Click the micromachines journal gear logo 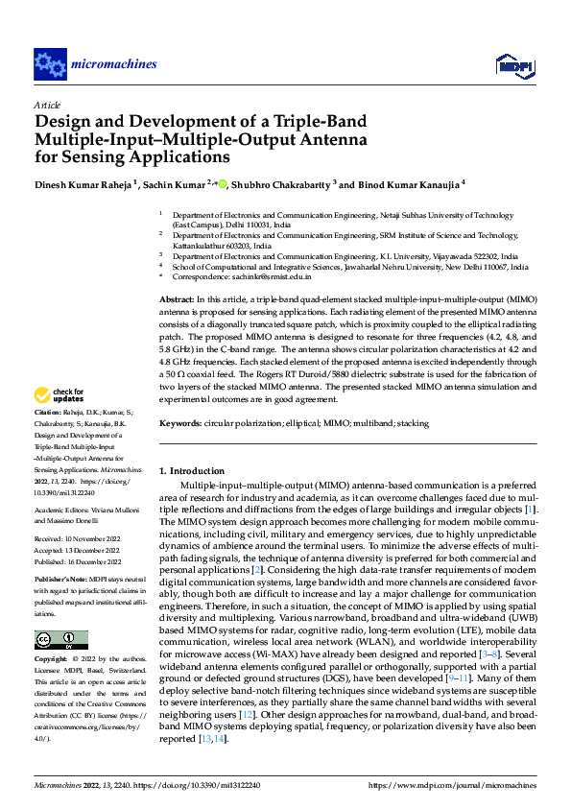(x=49, y=65)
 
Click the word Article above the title (x=46, y=105)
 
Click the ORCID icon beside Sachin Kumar (x=223, y=183)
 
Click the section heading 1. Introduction (x=191, y=471)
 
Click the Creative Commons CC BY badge (x=61, y=640)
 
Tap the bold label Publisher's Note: (x=59, y=582)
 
